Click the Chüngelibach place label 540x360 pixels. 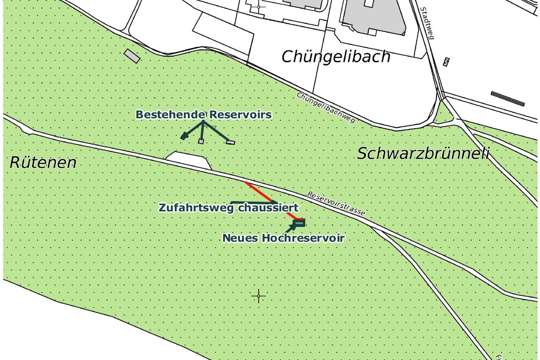[x=336, y=57]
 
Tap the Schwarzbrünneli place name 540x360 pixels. [x=423, y=154]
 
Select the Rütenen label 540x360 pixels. [x=43, y=162]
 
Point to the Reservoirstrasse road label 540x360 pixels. [x=336, y=204]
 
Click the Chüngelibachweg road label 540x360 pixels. [x=326, y=108]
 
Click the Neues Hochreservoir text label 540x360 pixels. [x=283, y=238]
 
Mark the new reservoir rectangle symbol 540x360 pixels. [x=300, y=222]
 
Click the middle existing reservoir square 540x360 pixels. [x=201, y=141]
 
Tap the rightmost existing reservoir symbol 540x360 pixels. [x=231, y=142]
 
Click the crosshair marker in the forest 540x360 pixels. [x=259, y=296]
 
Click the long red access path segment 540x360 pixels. [x=259, y=192]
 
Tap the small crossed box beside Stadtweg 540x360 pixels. [x=446, y=62]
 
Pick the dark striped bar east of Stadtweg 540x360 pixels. [x=508, y=99]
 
